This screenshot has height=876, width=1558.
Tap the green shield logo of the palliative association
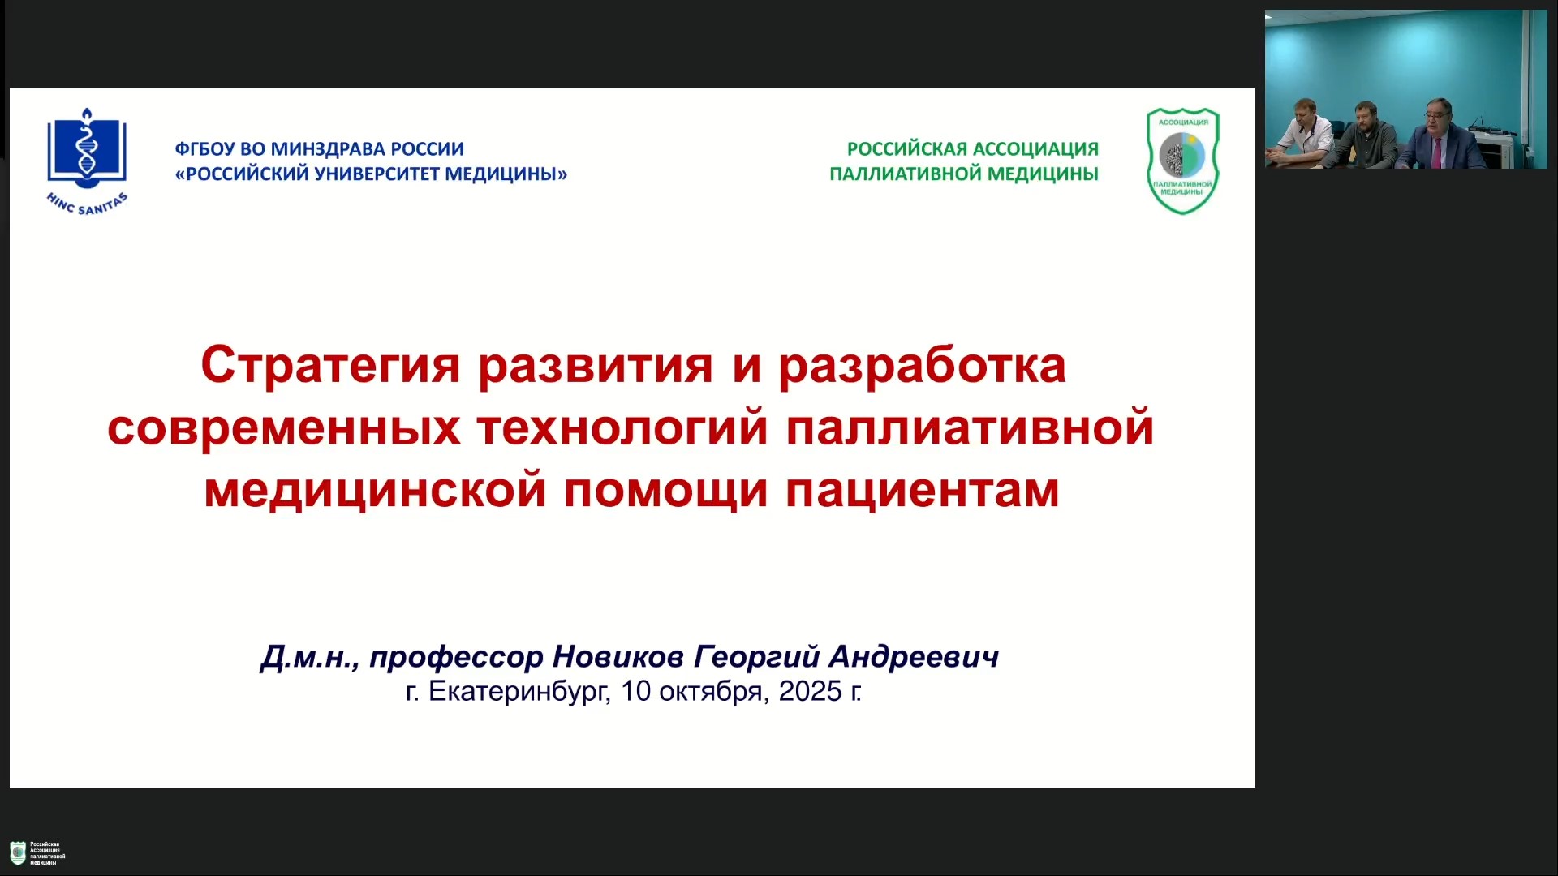pyautogui.click(x=1182, y=161)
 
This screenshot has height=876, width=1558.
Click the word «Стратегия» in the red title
pyautogui.click(x=330, y=367)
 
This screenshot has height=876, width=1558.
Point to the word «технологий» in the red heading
pyautogui.click(x=622, y=427)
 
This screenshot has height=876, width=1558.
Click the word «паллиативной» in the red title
pyautogui.click(x=971, y=427)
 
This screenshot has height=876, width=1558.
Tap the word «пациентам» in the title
pyautogui.click(x=923, y=491)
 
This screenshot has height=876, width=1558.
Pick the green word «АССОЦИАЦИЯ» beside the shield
pyautogui.click(x=1035, y=149)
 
